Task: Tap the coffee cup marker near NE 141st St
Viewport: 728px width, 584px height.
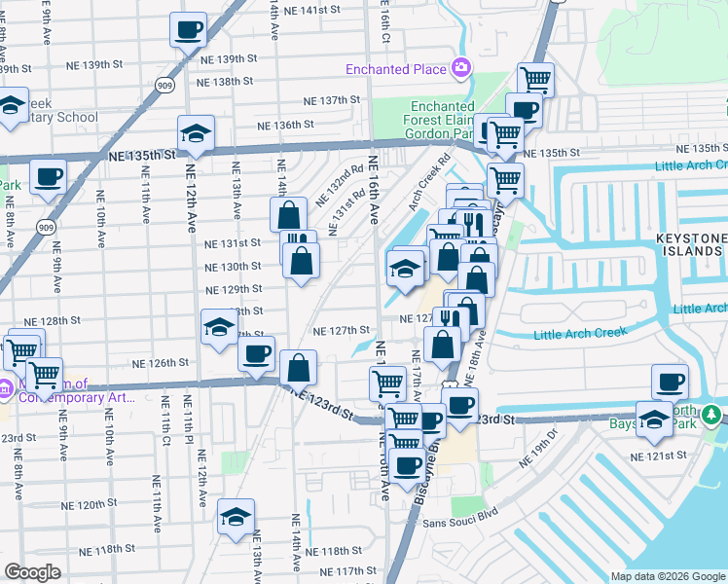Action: coord(189,30)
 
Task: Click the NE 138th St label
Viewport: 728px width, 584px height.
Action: coord(222,82)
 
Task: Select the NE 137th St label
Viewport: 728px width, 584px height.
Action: coord(332,101)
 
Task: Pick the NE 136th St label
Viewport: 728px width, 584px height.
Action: coord(285,125)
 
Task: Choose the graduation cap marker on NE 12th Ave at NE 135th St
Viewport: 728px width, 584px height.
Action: coord(196,136)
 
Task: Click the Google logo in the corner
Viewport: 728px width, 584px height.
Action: coord(32,572)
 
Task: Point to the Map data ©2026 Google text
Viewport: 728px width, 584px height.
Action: coord(668,576)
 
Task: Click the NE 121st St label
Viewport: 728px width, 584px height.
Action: coord(658,456)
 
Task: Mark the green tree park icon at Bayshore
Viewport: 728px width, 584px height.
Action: coord(712,416)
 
